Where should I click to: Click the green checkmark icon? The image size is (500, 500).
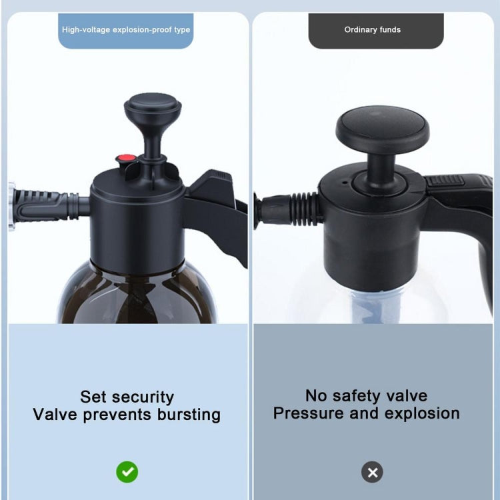point(127,472)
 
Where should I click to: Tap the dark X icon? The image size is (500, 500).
point(373,472)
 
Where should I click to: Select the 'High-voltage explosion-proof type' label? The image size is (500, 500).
point(126,30)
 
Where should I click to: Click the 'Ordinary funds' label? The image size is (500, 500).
point(373,30)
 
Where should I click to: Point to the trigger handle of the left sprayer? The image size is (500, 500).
point(217,207)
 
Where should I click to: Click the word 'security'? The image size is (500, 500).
point(143,397)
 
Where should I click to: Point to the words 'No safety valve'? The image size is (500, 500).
point(366,395)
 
